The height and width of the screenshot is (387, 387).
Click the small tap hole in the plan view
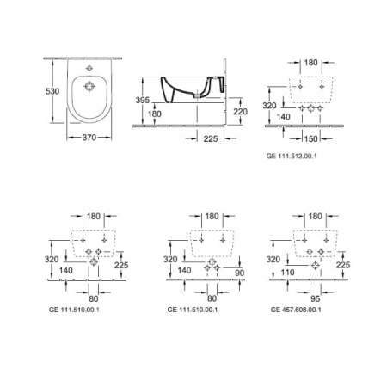tap(89, 66)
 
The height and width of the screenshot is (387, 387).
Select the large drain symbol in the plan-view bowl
tap(89, 86)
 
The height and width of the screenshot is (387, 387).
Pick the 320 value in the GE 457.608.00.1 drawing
tap(273, 258)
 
